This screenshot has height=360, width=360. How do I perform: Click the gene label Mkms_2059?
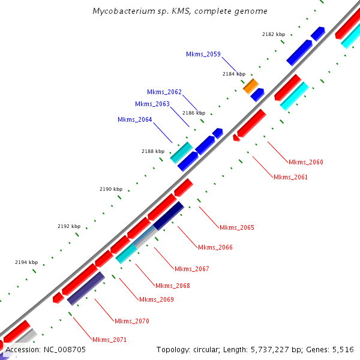click(x=203, y=54)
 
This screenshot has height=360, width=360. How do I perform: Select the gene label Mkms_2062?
click(x=164, y=92)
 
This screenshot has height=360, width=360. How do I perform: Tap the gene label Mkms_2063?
click(x=152, y=104)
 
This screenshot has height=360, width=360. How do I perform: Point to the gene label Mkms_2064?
click(x=135, y=119)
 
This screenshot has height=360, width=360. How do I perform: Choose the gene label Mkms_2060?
click(x=306, y=162)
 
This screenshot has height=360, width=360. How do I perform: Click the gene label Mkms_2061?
click(x=290, y=177)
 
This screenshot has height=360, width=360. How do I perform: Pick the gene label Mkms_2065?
click(x=237, y=227)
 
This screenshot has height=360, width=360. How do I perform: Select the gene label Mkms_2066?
click(x=215, y=247)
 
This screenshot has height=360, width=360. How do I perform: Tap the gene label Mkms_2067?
click(x=192, y=269)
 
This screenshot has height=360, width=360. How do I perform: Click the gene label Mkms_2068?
click(x=173, y=286)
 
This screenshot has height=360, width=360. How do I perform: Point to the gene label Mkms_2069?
click(x=157, y=299)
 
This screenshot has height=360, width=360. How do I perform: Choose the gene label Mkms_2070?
click(x=132, y=321)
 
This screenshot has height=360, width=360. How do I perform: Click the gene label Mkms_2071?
click(x=110, y=340)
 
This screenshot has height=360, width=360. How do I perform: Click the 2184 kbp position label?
click(x=234, y=74)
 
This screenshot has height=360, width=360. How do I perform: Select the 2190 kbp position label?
click(x=111, y=189)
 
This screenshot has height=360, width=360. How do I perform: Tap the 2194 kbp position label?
click(x=26, y=262)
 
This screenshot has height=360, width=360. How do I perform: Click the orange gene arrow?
click(x=250, y=86)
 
